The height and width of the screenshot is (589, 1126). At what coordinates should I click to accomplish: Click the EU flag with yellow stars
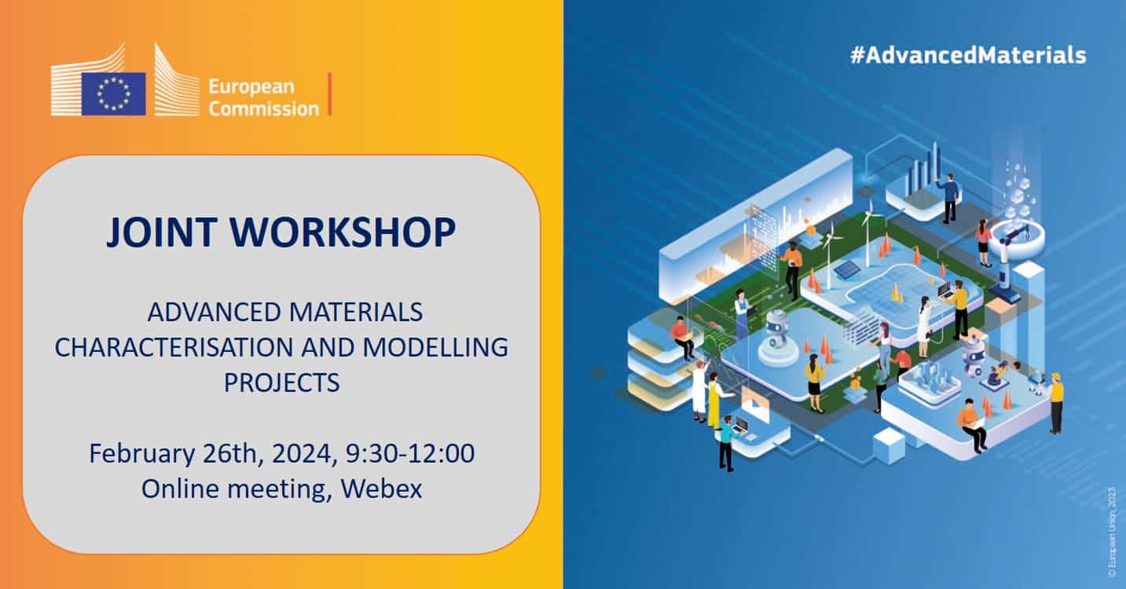113,93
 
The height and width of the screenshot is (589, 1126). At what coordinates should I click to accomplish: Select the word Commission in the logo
263,108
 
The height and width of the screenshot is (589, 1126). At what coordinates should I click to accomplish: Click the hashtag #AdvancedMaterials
968,55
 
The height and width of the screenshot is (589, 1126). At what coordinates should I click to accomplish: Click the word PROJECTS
281,382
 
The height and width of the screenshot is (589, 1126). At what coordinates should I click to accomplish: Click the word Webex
383,488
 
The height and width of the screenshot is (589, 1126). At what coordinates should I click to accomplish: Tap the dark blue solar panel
846,269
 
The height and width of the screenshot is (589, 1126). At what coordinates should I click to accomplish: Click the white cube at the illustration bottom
889,446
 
